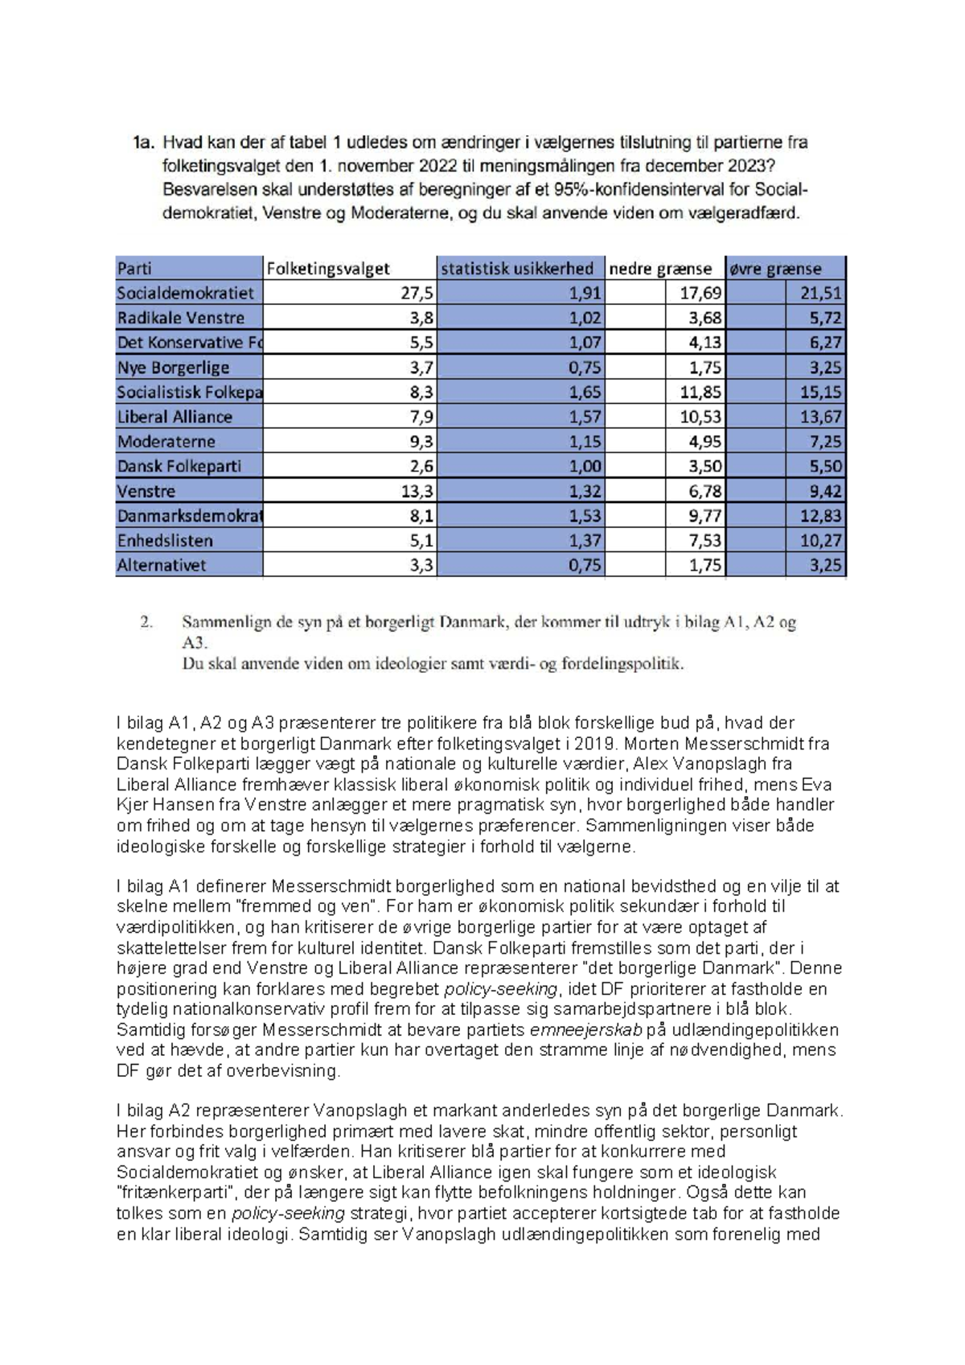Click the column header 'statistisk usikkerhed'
point(516,268)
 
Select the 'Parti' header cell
point(134,268)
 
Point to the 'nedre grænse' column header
point(660,268)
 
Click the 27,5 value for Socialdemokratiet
point(417,293)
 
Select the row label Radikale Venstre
point(180,318)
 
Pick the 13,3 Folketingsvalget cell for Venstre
point(417,491)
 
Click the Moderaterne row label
point(166,442)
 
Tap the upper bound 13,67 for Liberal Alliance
point(820,417)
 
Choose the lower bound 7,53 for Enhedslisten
point(701,541)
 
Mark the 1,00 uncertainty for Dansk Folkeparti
point(585,466)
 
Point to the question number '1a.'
point(142,143)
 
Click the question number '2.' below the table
point(146,622)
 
